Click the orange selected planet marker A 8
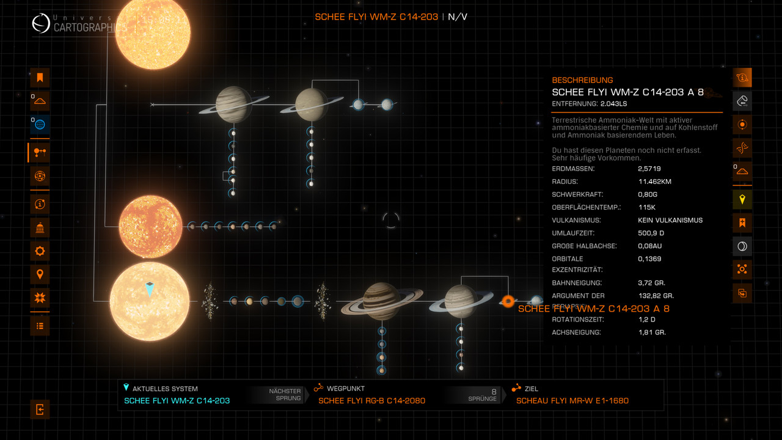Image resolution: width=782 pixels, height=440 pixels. [x=508, y=301]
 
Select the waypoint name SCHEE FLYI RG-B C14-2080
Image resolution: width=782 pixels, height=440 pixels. [x=371, y=400]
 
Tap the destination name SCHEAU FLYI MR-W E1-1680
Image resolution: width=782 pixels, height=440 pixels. [x=572, y=400]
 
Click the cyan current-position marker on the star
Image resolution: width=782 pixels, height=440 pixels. [x=150, y=288]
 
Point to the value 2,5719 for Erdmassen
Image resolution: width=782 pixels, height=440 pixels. [x=649, y=169]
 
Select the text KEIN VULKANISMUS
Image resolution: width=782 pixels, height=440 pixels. [x=670, y=220]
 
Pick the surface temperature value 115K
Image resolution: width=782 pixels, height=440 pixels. [x=646, y=207]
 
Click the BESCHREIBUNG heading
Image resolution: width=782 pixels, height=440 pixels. [x=582, y=80]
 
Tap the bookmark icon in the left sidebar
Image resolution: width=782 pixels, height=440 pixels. [x=40, y=78]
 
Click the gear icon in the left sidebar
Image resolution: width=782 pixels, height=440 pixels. [x=40, y=251]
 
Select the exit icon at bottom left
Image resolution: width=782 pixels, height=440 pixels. [x=40, y=409]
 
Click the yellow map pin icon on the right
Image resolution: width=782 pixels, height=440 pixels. [x=742, y=199]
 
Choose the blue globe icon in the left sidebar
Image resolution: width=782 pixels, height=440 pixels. [x=40, y=125]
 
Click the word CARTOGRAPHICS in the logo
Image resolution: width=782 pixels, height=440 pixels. [x=90, y=28]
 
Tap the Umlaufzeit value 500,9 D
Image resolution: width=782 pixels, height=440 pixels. [x=651, y=233]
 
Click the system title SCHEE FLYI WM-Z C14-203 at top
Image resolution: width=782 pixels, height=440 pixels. [x=376, y=16]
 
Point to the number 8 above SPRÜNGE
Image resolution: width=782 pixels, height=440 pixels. [x=494, y=391]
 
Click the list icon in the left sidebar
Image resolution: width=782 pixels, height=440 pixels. [x=40, y=326]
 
